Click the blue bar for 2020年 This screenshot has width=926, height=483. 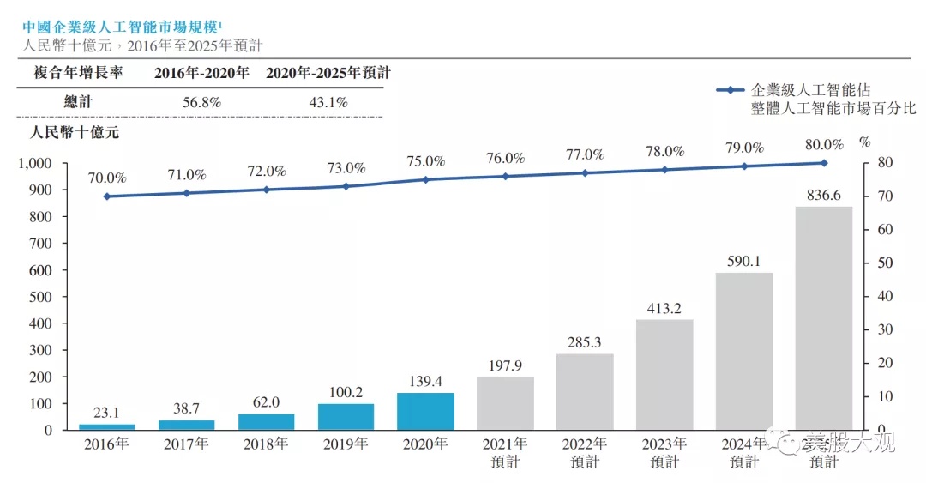click(426, 411)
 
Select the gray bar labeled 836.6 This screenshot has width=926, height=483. click(824, 318)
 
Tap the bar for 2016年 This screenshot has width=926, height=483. click(107, 427)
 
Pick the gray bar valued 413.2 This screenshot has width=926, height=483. click(664, 375)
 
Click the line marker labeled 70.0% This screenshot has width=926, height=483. click(107, 196)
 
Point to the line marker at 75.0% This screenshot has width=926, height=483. click(426, 179)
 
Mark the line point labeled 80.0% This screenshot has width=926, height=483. click(824, 163)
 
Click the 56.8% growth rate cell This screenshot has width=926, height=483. click(201, 102)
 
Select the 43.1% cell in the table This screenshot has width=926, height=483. click(328, 102)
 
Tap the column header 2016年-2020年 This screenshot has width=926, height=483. click(202, 73)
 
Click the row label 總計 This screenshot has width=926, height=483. click(79, 102)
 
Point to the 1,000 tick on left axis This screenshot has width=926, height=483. click(35, 163)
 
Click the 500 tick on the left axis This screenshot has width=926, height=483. click(40, 297)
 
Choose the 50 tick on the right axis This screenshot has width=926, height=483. click(885, 263)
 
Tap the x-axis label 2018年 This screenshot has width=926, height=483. click(266, 444)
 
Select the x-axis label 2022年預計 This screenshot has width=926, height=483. click(585, 453)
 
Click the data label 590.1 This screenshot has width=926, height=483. click(743, 261)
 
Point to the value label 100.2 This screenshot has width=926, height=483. click(346, 392)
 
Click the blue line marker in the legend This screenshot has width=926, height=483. click(731, 90)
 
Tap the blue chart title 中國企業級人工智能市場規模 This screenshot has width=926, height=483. click(120, 27)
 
